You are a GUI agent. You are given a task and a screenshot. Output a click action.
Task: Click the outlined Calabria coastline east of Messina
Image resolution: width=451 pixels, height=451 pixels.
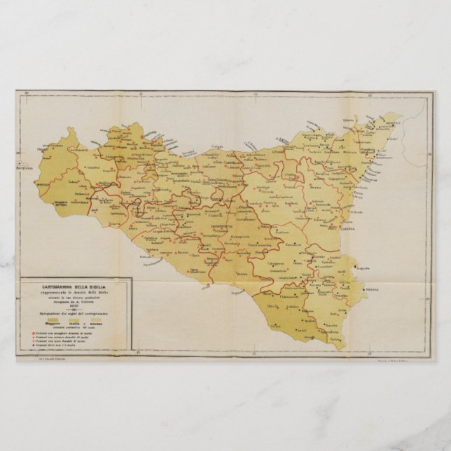tap(417, 151)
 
